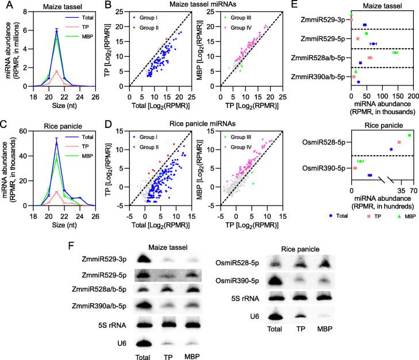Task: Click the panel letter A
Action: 5,5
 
